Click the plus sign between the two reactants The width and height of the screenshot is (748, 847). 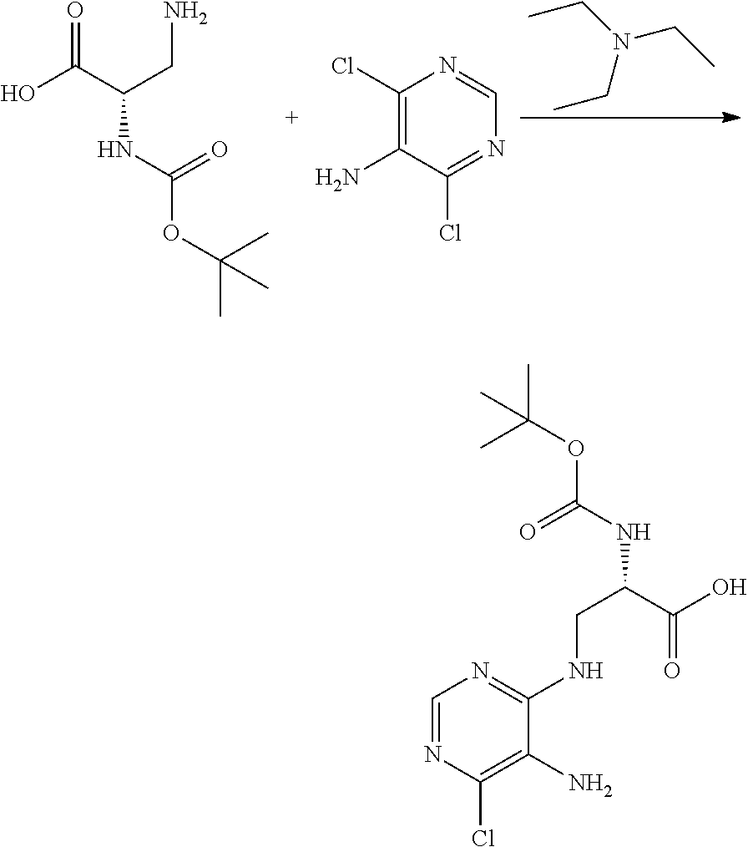(x=291, y=119)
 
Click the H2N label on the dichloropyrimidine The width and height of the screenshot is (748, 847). (x=334, y=177)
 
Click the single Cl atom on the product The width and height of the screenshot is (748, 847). (x=483, y=835)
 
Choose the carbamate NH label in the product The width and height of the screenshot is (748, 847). (x=632, y=531)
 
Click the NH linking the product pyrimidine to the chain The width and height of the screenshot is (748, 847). (x=584, y=670)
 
